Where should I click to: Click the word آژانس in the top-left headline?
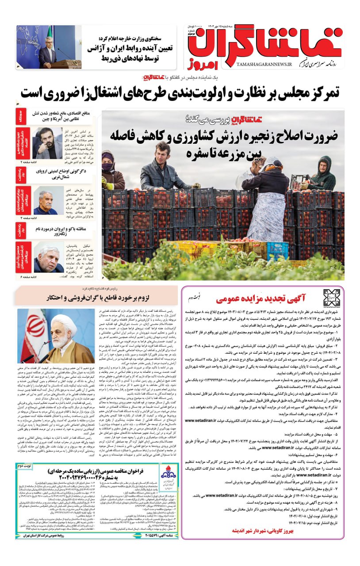(101, 48)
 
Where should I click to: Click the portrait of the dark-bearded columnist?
(47, 143)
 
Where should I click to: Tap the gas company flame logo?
(169, 475)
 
